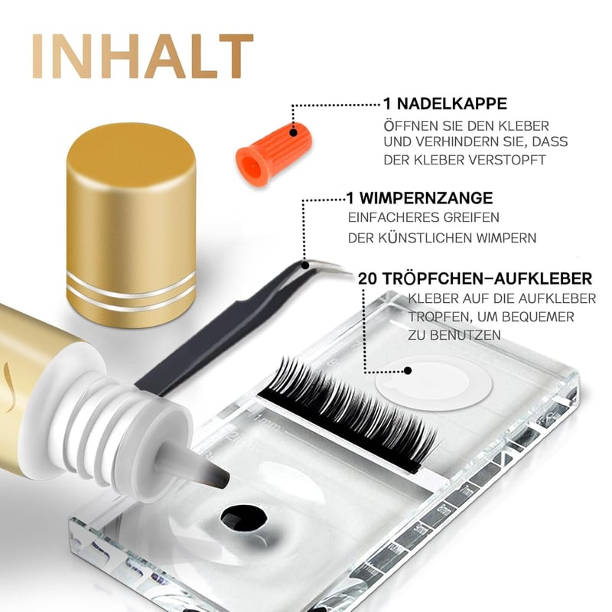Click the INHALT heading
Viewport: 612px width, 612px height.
point(143,56)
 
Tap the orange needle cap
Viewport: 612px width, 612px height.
point(274,154)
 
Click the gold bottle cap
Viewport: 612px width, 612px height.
point(132,225)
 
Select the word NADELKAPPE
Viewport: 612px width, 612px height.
point(452,104)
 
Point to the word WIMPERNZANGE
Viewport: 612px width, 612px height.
point(426,198)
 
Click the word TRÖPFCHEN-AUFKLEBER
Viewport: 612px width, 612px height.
point(487,278)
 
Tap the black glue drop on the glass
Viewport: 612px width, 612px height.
point(244,519)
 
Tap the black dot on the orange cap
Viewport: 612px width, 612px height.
point(294,132)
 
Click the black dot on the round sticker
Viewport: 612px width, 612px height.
point(408,370)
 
